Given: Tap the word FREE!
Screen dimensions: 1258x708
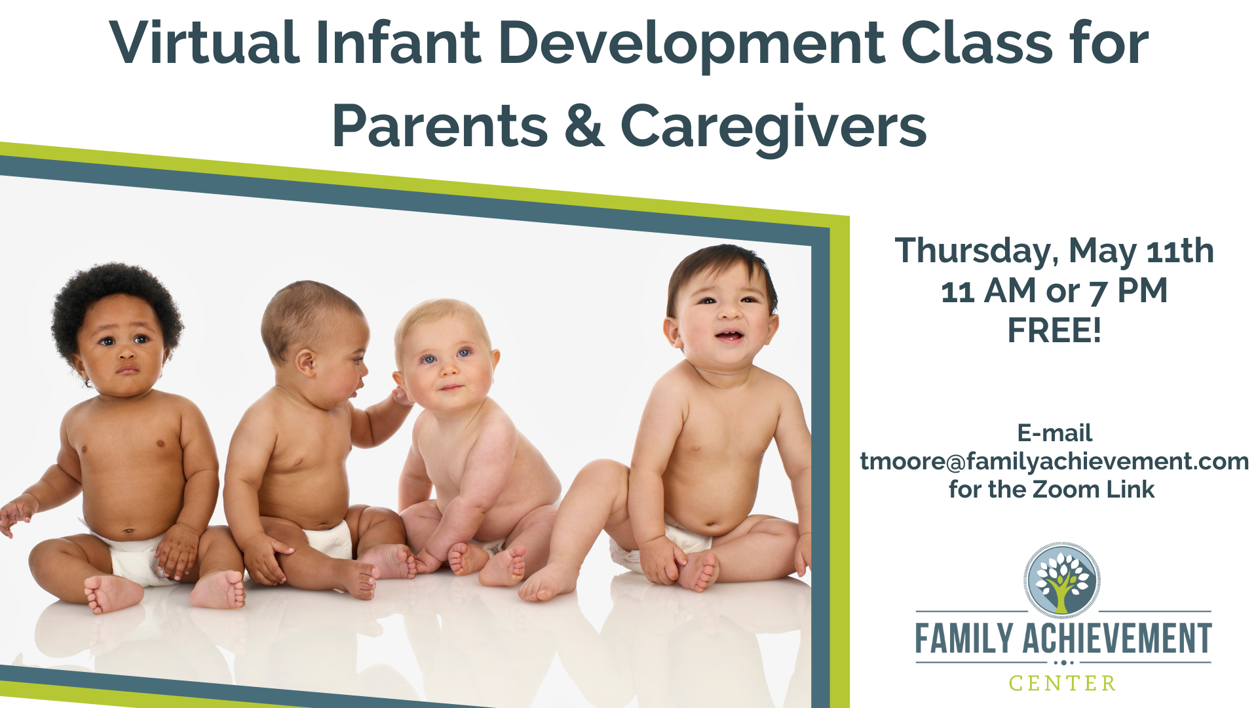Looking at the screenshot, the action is click(x=1054, y=330).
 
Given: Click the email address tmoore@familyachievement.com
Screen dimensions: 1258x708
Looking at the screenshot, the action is click(x=1054, y=462).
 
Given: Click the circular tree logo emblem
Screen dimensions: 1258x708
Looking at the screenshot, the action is click(x=1062, y=581).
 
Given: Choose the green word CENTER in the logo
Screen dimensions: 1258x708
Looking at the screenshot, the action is click(x=1062, y=684).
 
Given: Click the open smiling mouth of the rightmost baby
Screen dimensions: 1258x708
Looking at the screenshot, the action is click(x=729, y=337).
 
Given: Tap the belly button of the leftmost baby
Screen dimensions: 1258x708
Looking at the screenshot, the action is click(x=129, y=530).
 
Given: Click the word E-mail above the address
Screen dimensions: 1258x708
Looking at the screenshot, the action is click(x=1054, y=433).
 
